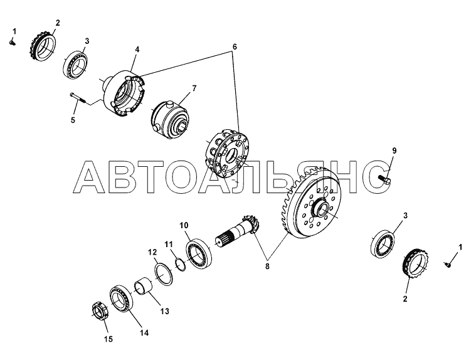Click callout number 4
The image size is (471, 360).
pyautogui.click(x=137, y=50)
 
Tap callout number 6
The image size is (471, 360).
pyautogui.click(x=235, y=47)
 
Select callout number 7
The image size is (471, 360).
pyautogui.click(x=194, y=88)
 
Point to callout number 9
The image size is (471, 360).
pyautogui.click(x=394, y=151)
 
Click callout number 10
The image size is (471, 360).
pyautogui.click(x=184, y=225)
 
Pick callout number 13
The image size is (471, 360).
pyautogui.click(x=164, y=311)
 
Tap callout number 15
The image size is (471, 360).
pyautogui.click(x=108, y=339)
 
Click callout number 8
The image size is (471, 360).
pyautogui.click(x=267, y=266)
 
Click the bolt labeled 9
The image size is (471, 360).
pyautogui.click(x=384, y=179)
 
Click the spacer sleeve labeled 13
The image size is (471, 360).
pyautogui.click(x=143, y=287)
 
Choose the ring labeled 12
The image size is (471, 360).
pyautogui.click(x=164, y=273)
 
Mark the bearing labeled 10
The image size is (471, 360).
pyautogui.click(x=199, y=253)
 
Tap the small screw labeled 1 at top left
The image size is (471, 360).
pyautogui.click(x=13, y=43)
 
